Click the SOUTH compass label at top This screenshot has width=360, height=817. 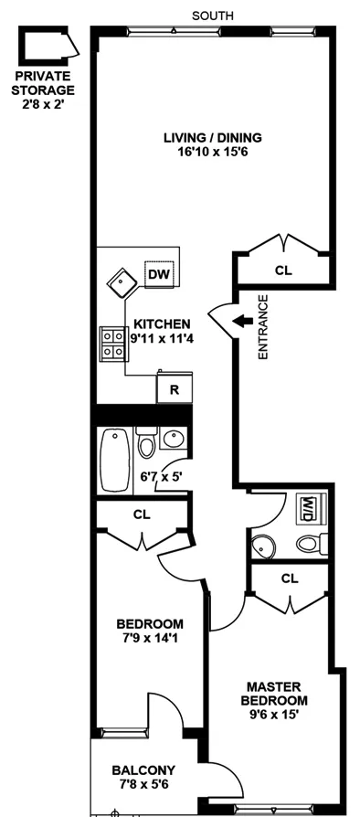[x=214, y=15]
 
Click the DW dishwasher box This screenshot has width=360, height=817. [x=158, y=273]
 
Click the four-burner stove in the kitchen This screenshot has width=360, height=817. [x=113, y=345]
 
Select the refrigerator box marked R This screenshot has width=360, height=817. [x=173, y=389]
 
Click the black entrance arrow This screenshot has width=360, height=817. [x=242, y=321]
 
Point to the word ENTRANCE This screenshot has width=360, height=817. [x=262, y=325]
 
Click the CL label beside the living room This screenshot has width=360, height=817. [x=283, y=271]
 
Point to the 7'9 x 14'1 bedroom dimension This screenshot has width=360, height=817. [x=149, y=637]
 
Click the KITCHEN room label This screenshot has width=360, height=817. [x=162, y=324]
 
